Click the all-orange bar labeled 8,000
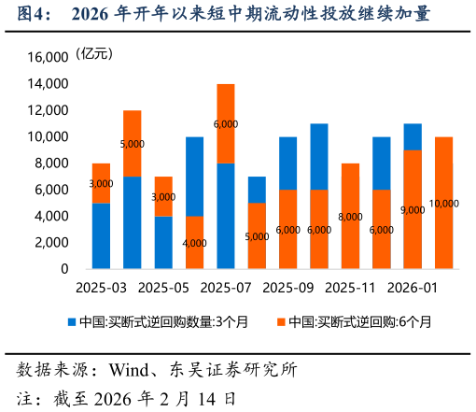[350, 216]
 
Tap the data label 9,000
[412, 210]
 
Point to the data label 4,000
[194, 243]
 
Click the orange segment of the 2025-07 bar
[226, 123]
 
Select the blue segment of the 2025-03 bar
[102, 235]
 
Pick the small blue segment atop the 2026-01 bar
[413, 136]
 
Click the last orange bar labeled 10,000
[443, 203]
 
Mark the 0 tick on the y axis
[63, 269]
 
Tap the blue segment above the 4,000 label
[194, 177]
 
